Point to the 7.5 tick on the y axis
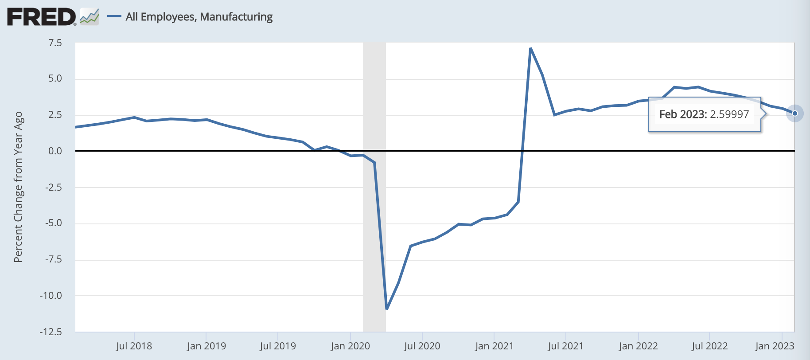point(55,43)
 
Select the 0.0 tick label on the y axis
point(55,151)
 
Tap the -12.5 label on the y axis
point(51,332)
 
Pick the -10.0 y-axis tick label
point(51,295)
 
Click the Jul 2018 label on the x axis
point(134,346)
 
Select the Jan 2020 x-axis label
point(350,346)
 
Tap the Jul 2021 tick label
point(565,346)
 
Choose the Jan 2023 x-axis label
point(775,346)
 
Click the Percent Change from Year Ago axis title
point(18,187)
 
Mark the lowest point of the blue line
point(387,309)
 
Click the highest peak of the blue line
point(530,48)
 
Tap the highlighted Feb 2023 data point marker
point(794,113)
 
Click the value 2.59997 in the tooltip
point(729,114)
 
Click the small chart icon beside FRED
point(90,17)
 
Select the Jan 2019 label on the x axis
point(206,346)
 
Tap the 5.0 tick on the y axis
point(55,78)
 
